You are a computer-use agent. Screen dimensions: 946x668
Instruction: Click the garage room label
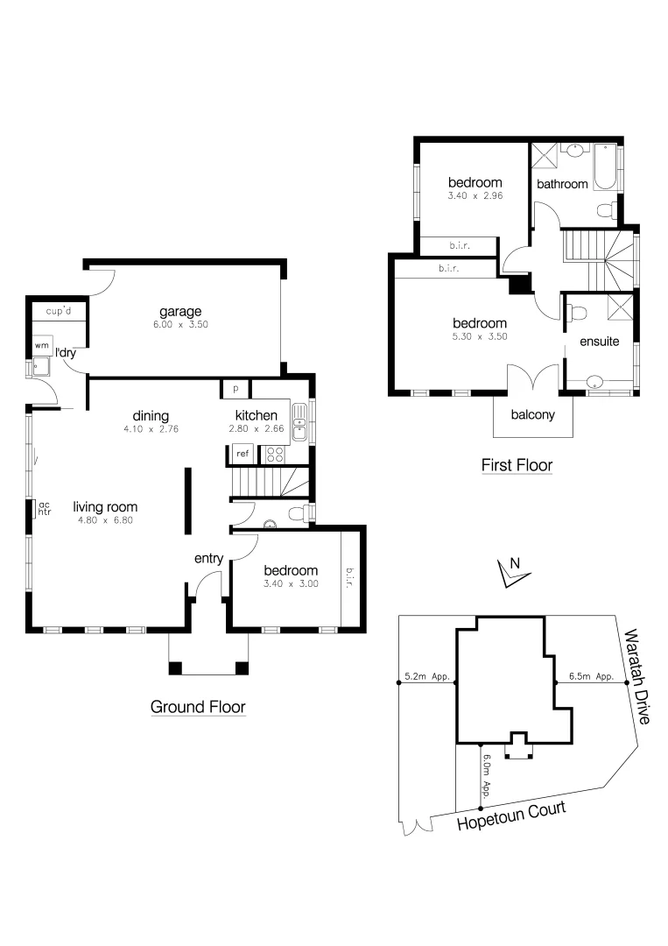(180, 311)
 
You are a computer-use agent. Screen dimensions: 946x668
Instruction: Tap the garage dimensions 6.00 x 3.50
(180, 324)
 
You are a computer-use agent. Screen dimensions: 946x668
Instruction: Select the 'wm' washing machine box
(41, 346)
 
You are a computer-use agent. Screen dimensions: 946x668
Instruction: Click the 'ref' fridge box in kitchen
(241, 454)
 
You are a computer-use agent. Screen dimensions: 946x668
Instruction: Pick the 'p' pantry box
(236, 388)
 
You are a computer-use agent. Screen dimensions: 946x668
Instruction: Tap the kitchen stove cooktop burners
(274, 454)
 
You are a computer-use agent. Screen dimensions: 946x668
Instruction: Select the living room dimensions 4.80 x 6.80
(104, 520)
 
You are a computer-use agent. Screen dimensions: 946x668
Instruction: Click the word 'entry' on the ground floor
(208, 558)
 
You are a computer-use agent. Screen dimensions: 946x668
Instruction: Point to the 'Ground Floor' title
(198, 707)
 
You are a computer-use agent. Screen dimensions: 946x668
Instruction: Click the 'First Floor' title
(517, 465)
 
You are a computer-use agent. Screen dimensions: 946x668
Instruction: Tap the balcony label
(533, 415)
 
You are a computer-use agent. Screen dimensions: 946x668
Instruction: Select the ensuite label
(599, 342)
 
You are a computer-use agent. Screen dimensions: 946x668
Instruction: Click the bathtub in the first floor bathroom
(606, 168)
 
